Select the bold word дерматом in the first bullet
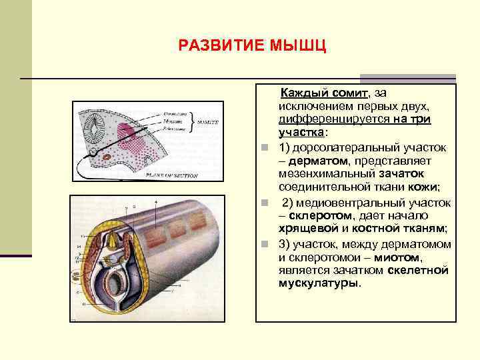[315, 161]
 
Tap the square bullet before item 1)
[265, 147]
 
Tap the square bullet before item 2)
[265, 203]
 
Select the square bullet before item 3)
[265, 244]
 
